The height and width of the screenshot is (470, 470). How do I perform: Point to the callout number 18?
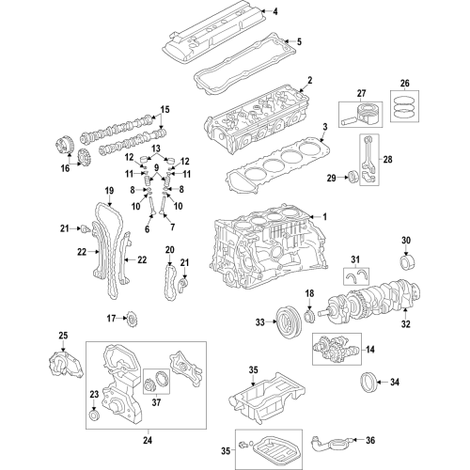click(x=308, y=295)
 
